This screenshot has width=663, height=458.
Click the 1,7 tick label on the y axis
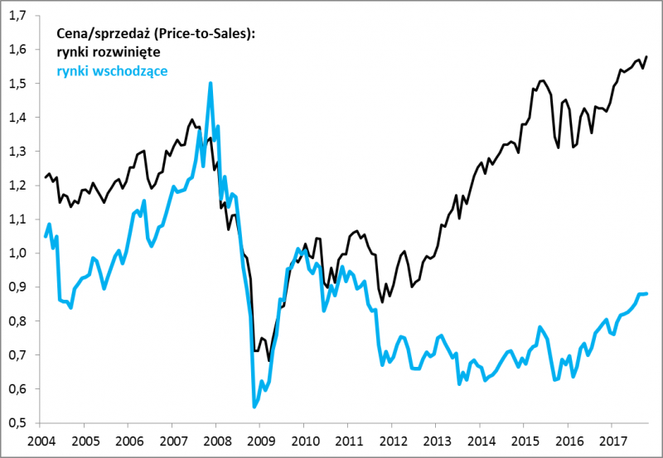(17, 16)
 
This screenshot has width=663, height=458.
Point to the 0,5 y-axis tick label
(17, 422)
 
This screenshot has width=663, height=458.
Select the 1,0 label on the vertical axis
(17, 253)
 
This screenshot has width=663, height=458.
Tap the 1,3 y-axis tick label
(17, 152)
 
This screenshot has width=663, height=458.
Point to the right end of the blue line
(647, 293)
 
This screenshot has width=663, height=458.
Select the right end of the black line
(647, 56)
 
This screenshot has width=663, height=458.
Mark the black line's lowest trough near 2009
(269, 361)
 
